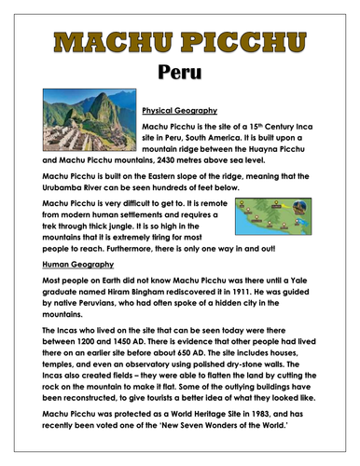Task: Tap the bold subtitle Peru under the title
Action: point(180,72)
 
